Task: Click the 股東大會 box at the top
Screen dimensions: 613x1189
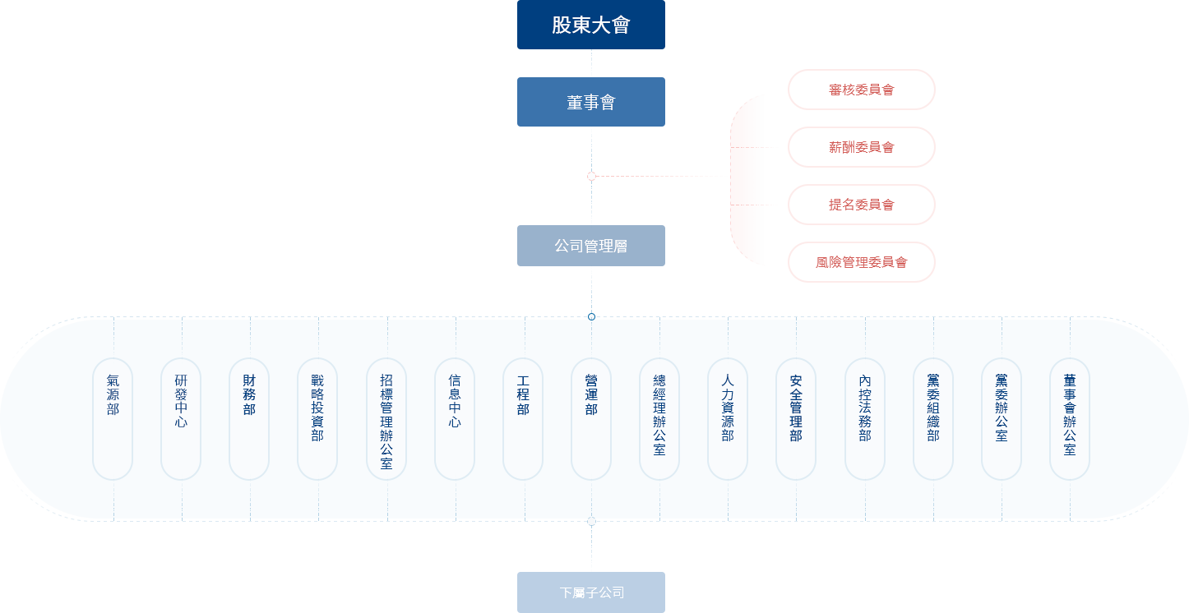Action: pos(590,25)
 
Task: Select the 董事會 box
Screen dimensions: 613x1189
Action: pos(590,102)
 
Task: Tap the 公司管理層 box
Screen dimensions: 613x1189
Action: pos(590,246)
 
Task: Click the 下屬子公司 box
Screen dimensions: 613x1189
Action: pos(590,592)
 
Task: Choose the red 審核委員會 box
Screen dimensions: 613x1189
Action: pos(861,89)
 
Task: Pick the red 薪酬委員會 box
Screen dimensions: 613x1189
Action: pos(861,147)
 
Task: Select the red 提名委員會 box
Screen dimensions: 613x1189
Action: pos(861,205)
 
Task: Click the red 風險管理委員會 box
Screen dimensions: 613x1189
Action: pos(861,262)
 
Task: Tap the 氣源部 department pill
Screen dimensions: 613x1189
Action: pos(113,418)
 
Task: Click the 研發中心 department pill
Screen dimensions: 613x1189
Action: pos(181,418)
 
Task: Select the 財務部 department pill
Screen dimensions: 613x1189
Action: pos(249,418)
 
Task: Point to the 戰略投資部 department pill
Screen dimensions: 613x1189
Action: pos(317,418)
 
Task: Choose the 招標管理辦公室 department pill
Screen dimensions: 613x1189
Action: pos(386,418)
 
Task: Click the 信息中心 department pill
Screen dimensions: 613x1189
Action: pos(455,418)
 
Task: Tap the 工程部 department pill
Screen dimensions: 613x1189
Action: pos(523,418)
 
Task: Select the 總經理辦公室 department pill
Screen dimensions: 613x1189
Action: pos(659,418)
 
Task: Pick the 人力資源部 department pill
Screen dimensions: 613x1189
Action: pos(728,418)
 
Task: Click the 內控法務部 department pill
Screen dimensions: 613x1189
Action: pos(865,418)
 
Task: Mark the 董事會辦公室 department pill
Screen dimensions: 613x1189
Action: pos(1070,418)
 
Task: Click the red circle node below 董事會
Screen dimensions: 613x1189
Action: pos(591,176)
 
